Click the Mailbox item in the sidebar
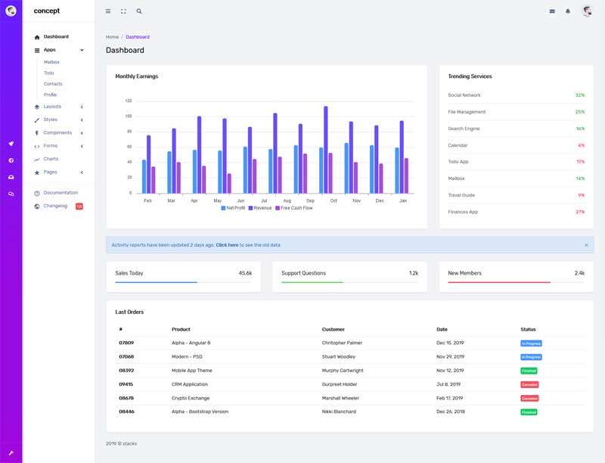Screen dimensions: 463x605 51,62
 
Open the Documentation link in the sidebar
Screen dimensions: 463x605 60,193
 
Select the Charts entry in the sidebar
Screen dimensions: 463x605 51,159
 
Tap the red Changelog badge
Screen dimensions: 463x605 79,206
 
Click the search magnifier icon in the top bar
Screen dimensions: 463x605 139,11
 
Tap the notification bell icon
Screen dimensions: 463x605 568,11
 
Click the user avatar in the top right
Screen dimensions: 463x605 587,11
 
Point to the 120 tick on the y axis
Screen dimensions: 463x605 128,101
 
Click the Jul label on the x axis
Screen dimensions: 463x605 263,200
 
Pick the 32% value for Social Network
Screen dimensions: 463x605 579,95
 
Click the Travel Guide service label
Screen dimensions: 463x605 461,195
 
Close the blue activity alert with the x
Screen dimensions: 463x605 586,245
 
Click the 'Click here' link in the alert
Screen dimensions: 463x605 227,245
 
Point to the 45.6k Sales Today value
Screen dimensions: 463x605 245,273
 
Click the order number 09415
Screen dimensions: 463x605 126,384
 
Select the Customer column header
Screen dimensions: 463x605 334,329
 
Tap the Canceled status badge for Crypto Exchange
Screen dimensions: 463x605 529,398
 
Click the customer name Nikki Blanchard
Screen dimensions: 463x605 340,412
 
